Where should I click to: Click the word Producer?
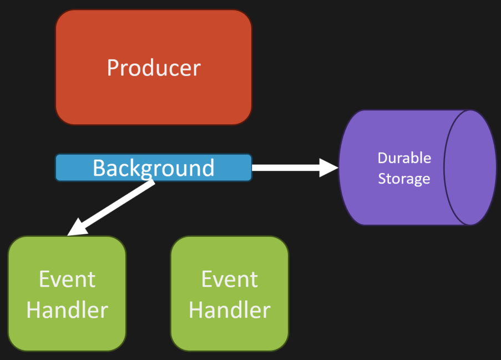click(154, 68)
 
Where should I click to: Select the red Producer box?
click(154, 67)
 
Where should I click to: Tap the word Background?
click(153, 168)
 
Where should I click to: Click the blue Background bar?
click(154, 168)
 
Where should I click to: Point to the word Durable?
click(404, 158)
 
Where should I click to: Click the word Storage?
click(404, 179)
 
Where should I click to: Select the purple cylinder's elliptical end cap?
click(470, 168)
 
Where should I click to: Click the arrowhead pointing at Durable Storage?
click(329, 168)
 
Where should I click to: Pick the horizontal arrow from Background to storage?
click(295, 168)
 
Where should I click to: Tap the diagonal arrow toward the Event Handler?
click(111, 207)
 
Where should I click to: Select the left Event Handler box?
click(67, 293)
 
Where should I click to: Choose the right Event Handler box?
click(230, 293)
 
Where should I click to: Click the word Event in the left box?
click(67, 280)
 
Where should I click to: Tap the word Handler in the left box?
click(67, 310)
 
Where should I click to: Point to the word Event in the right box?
click(229, 280)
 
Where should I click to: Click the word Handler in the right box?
click(230, 310)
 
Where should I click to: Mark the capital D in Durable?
click(383, 158)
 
